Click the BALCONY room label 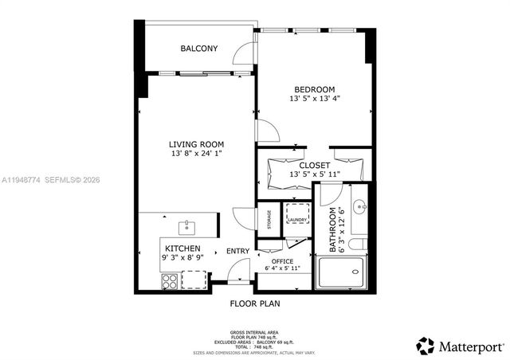coord(198,49)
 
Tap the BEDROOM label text coord(314,89)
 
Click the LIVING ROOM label coord(196,144)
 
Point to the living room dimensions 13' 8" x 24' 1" coord(196,155)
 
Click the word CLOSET coord(315,165)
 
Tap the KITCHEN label coord(182,248)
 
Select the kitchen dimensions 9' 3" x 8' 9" coord(182,258)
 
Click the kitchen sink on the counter coord(188,228)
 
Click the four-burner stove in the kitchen coord(170,280)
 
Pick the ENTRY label coord(237,252)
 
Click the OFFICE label coord(282,261)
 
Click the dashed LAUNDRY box coord(297,220)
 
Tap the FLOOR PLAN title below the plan coord(254,303)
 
